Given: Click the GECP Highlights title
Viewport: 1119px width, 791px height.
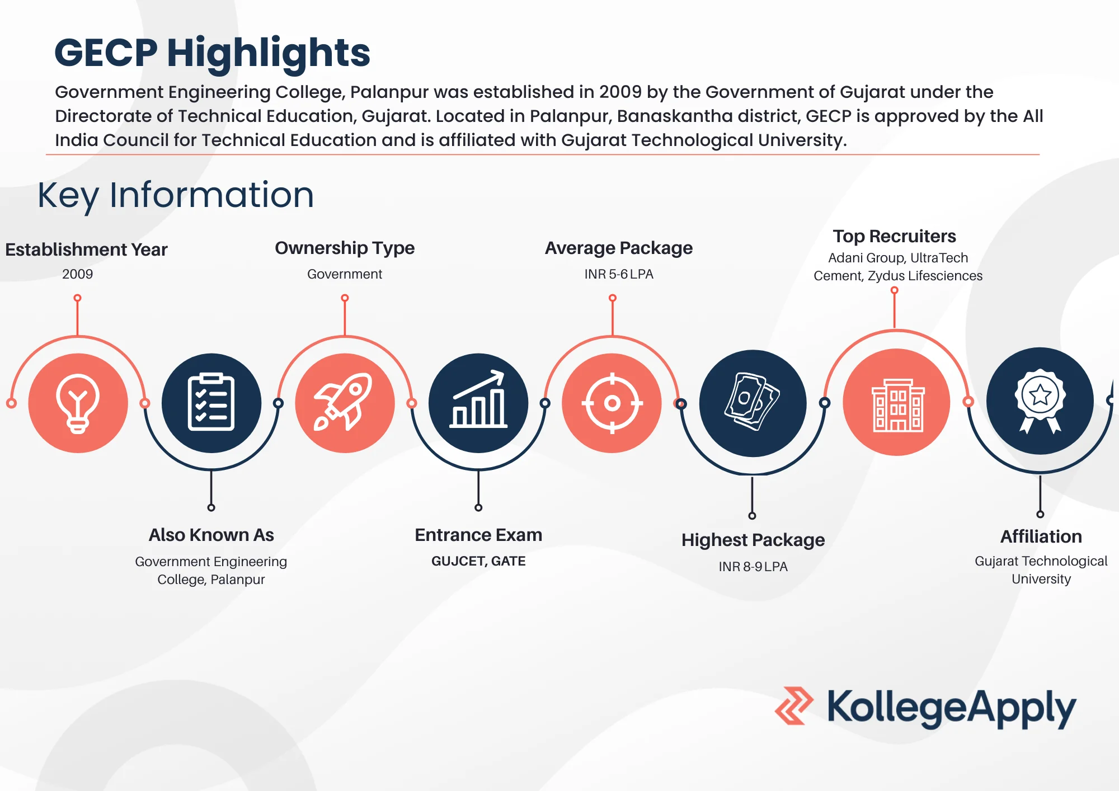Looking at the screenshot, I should pyautogui.click(x=212, y=53).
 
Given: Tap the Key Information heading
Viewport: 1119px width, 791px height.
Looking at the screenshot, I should pyautogui.click(x=176, y=195).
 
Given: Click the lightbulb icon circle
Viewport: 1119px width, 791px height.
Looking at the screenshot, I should pyautogui.click(x=78, y=403).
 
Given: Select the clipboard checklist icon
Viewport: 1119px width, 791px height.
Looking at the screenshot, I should pyautogui.click(x=211, y=403).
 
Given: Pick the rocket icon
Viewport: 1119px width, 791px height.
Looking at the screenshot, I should pyautogui.click(x=345, y=403).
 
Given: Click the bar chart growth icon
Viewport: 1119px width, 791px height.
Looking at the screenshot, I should pyautogui.click(x=478, y=403).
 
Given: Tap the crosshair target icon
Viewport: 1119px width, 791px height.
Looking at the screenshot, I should pyautogui.click(x=612, y=403).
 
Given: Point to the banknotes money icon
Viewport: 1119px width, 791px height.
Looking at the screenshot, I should pyautogui.click(x=753, y=403).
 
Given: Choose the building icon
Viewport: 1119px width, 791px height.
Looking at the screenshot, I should pyautogui.click(x=897, y=403).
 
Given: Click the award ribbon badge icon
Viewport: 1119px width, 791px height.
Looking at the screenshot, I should pyautogui.click(x=1040, y=401).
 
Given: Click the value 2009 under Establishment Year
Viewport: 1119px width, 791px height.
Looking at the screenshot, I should pyautogui.click(x=78, y=274).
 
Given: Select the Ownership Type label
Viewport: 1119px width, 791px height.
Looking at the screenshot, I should pyautogui.click(x=345, y=248).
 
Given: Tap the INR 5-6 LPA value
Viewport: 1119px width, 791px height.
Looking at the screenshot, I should pyautogui.click(x=619, y=274).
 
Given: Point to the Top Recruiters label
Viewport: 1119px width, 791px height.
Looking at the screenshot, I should pyautogui.click(x=894, y=236).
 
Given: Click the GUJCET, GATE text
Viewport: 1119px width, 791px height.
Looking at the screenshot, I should pyautogui.click(x=478, y=561).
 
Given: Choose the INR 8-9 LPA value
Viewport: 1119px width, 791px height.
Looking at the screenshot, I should pyautogui.click(x=753, y=567).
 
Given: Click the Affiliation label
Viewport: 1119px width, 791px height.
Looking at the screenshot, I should pyautogui.click(x=1041, y=536).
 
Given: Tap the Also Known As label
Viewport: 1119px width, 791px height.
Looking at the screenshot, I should pyautogui.click(x=211, y=535).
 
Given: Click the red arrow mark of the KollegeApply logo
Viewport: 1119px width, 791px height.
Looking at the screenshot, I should pyautogui.click(x=794, y=706).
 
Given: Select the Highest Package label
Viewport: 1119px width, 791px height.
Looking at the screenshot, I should pyautogui.click(x=753, y=540).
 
